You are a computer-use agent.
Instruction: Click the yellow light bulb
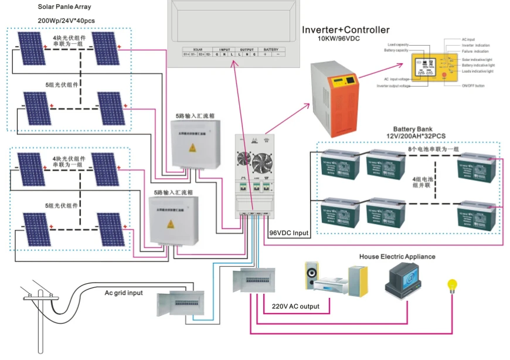tap(452, 285)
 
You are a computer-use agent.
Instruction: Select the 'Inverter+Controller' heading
tap(345, 30)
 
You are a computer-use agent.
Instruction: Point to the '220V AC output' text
tap(296, 307)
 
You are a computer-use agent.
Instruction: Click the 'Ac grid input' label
tap(125, 293)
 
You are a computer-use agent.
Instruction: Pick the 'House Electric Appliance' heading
tap(397, 256)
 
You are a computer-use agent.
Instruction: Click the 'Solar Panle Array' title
tap(64, 6)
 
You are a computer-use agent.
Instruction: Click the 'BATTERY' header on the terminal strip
tap(270, 49)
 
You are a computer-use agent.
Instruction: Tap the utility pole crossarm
tap(39, 295)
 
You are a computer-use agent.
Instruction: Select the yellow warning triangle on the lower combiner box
tap(172, 224)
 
